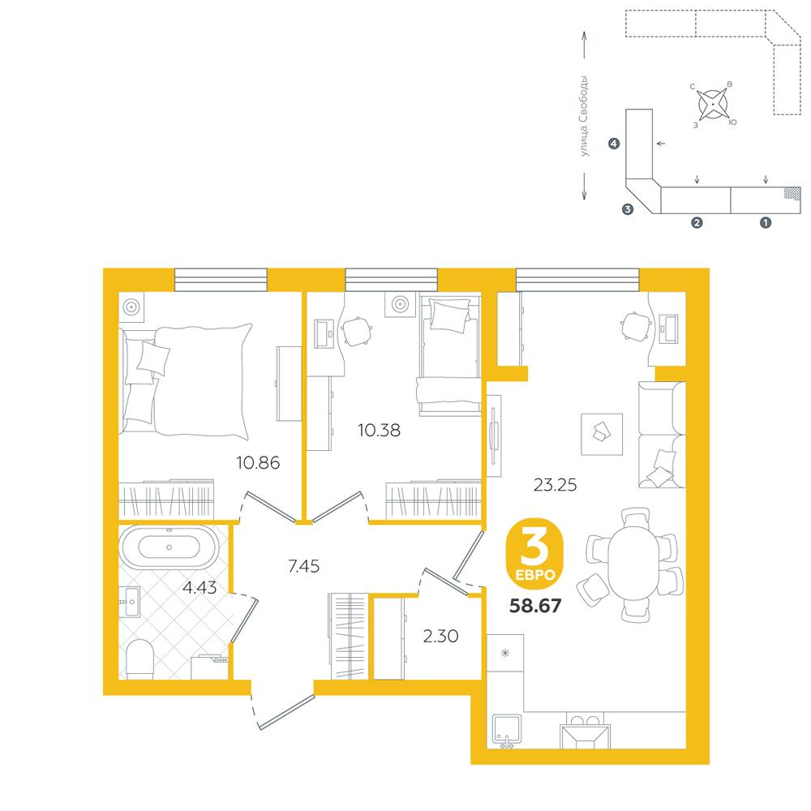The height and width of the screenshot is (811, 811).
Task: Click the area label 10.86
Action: pos(258,462)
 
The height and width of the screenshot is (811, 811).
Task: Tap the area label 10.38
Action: pos(379,430)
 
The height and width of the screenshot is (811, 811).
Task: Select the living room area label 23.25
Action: pos(555,485)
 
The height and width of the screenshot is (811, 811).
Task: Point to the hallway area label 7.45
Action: pos(303,566)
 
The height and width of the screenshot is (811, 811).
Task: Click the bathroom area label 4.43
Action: pos(200,587)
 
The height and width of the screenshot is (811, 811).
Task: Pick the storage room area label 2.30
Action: pos(440,636)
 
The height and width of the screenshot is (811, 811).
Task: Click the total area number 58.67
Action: pos(535,605)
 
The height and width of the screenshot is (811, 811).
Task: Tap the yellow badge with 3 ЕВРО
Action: pos(534,554)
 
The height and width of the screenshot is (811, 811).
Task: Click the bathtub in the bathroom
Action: pos(169,547)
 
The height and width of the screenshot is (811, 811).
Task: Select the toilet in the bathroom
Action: pos(139,659)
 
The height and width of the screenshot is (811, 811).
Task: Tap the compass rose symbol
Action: pos(713,104)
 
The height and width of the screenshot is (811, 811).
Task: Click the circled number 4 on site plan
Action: pos(614,144)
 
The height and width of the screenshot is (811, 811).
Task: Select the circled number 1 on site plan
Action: pos(765,222)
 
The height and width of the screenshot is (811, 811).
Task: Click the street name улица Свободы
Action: pos(584,116)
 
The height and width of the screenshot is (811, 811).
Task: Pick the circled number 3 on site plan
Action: pos(628,209)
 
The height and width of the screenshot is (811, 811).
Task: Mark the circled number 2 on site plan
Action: pos(697,222)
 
